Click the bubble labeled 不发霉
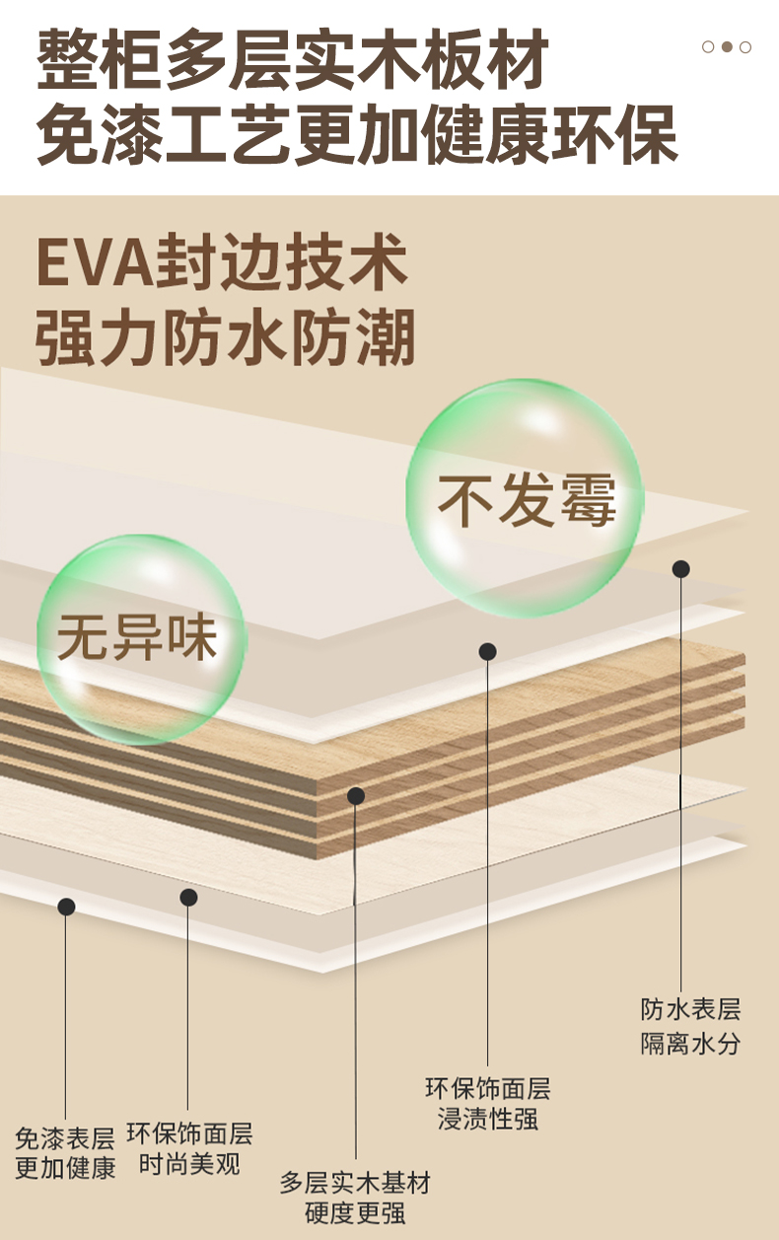tap(526, 498)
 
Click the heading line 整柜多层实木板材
tap(293, 61)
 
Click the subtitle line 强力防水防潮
tap(225, 337)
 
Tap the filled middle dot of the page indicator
tap(727, 46)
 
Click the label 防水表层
tap(690, 1009)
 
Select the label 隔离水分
tap(690, 1044)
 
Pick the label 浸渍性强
tap(488, 1120)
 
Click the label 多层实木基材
tap(355, 1182)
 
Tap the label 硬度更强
tap(355, 1213)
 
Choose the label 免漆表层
tap(65, 1138)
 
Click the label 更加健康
tap(65, 1169)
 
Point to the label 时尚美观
tap(189, 1164)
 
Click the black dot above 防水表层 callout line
tap(681, 569)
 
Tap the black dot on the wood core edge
tap(356, 795)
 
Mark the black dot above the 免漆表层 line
tap(66, 907)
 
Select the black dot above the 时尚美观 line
tap(188, 897)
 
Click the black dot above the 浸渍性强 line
tap(488, 651)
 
